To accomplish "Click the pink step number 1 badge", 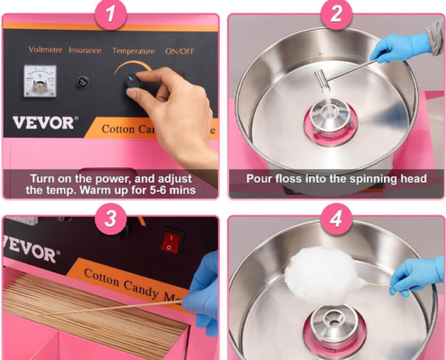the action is click(x=111, y=13).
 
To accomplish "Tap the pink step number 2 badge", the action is click(x=336, y=13).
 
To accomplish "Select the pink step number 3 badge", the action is click(x=111, y=219).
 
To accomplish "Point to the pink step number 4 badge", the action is click(x=336, y=219).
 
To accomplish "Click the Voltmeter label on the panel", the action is click(x=45, y=49).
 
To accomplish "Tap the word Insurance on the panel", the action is click(x=85, y=50).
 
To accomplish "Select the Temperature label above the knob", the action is click(x=133, y=51).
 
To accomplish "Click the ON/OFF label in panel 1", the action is click(x=179, y=51).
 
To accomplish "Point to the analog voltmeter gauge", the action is click(x=41, y=81).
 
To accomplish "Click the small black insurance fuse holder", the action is click(x=83, y=82).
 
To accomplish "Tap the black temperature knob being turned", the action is click(x=133, y=81).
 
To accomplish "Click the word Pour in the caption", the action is click(x=259, y=179).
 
